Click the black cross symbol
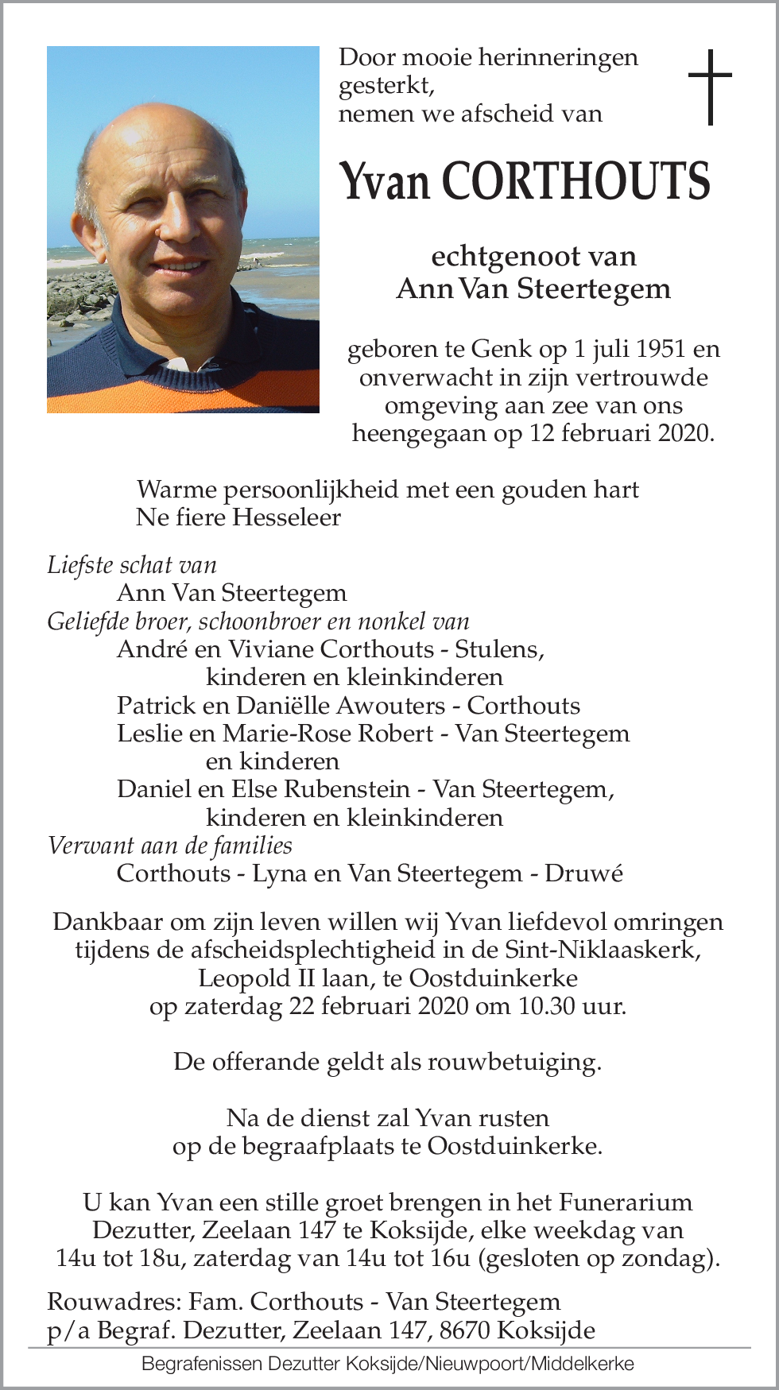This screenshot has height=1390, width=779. pos(709,87)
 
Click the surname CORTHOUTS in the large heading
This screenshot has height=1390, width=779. pos(576,181)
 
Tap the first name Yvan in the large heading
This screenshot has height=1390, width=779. pos(385,181)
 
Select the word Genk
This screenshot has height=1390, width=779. pos(502,349)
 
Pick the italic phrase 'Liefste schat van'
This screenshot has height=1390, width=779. pos(132,565)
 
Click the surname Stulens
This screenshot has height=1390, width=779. pos(498,649)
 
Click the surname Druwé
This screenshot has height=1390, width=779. pos(583,873)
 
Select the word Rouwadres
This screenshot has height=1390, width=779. pos(113,1302)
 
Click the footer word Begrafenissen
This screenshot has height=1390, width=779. pos(202,1365)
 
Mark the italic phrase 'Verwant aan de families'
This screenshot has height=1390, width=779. pos(169,846)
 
